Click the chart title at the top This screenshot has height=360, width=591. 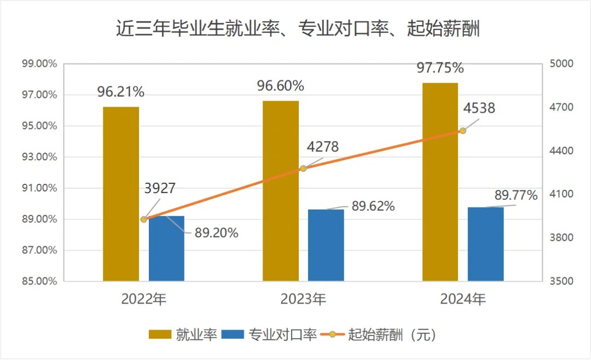click(x=298, y=29)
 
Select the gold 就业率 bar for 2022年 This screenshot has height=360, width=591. click(x=121, y=194)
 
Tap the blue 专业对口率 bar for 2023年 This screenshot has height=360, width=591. click(x=326, y=245)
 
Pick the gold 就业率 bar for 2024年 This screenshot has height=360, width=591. click(x=440, y=182)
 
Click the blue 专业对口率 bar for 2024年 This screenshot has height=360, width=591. click(x=485, y=244)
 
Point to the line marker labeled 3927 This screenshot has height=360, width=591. click(x=144, y=219)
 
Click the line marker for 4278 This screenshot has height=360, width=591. click(x=303, y=169)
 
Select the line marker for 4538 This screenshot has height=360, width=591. click(x=463, y=130)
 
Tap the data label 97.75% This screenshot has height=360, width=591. click(x=441, y=68)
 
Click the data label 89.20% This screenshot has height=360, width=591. click(x=216, y=233)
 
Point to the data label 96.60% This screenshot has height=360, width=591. click(x=281, y=86)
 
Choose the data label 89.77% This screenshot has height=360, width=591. click(x=515, y=195)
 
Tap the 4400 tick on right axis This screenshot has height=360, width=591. click(x=561, y=150)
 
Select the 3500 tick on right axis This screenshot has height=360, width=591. click(x=561, y=281)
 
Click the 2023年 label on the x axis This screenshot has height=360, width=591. click(x=303, y=299)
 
